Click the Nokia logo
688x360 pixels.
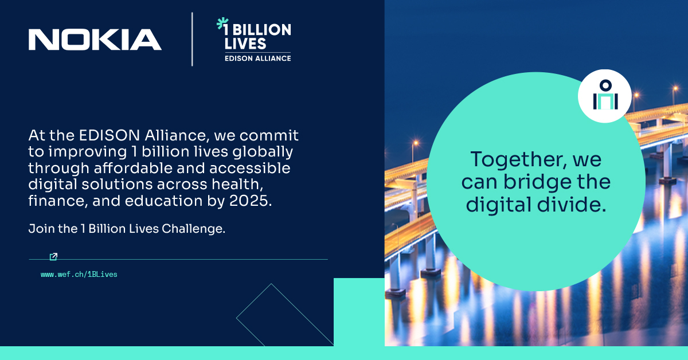coord(95,40)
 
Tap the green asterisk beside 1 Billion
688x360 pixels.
coord(222,24)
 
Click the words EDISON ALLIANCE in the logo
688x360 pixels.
coord(257,58)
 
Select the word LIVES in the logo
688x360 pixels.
coord(245,44)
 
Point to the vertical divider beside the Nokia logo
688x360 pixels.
coord(192,39)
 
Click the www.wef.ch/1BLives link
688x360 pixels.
coord(79,275)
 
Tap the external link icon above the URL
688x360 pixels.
coord(53,256)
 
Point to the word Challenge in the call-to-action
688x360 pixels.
coord(193,229)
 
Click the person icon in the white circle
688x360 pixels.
coord(605,96)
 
